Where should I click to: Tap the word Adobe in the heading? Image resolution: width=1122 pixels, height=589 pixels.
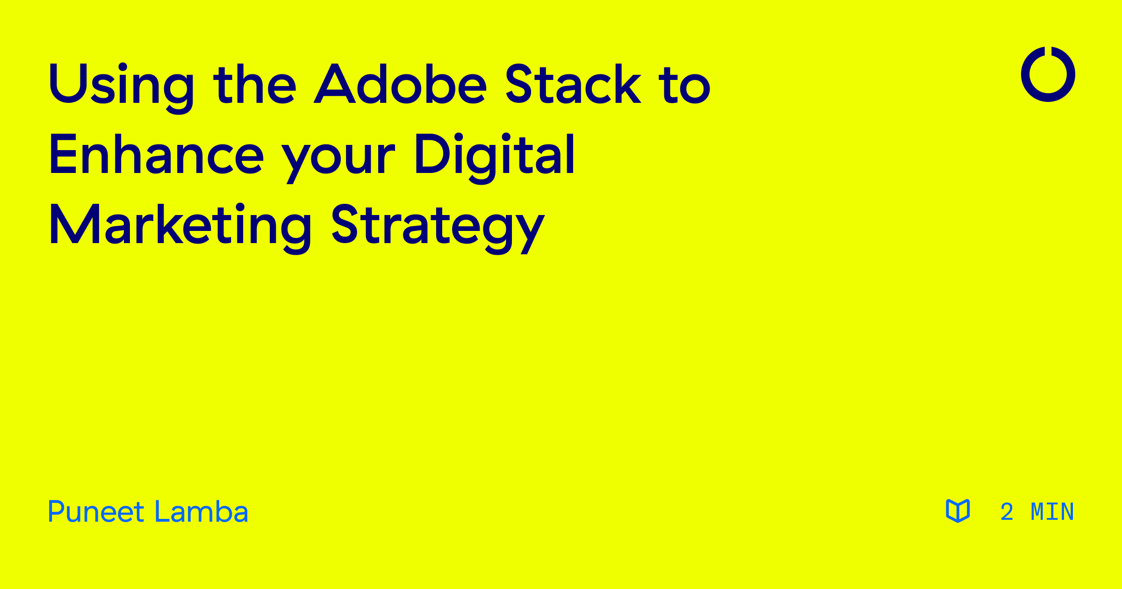pos(401,84)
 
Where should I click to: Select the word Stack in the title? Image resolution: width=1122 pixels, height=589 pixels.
pos(573,84)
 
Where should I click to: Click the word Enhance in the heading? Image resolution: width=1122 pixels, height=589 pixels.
pos(157,154)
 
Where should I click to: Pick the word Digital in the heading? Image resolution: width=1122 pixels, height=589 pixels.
pos(495,154)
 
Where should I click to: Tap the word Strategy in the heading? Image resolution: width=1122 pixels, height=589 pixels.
pos(438,227)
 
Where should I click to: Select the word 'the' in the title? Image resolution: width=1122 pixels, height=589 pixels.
pos(255,84)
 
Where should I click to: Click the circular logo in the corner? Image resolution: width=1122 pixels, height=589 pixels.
pos(1048,74)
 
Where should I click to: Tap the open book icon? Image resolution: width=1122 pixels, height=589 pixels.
pos(957,510)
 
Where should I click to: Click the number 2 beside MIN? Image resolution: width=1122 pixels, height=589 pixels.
pos(1007,512)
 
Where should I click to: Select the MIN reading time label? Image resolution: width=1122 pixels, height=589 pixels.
pos(1052,512)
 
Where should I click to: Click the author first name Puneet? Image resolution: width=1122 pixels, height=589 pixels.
pos(96,512)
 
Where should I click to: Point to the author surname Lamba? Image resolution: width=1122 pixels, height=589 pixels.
pos(201,512)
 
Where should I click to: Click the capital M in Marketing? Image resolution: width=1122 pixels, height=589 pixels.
pos(74,224)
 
